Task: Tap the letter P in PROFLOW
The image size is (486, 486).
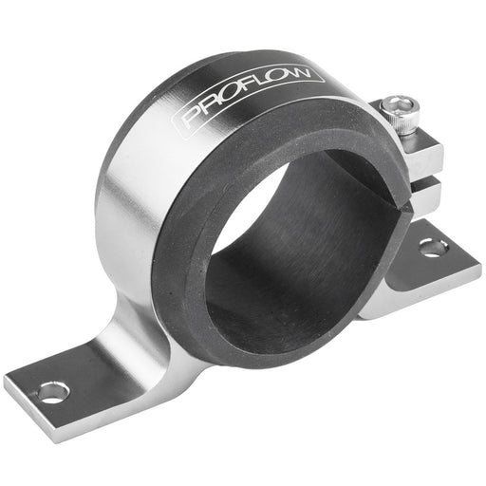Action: pyautogui.click(x=190, y=119)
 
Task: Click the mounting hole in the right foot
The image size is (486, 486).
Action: pyautogui.click(x=434, y=249)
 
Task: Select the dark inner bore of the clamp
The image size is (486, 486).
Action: pyautogui.click(x=285, y=256)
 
